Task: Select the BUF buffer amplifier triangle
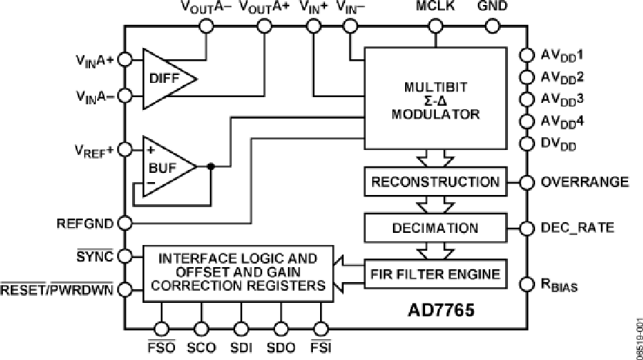(165, 166)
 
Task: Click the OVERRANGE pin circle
(527, 182)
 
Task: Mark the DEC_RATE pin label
(576, 229)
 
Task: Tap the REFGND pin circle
(124, 223)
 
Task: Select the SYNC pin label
(96, 256)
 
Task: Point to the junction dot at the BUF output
(211, 166)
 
